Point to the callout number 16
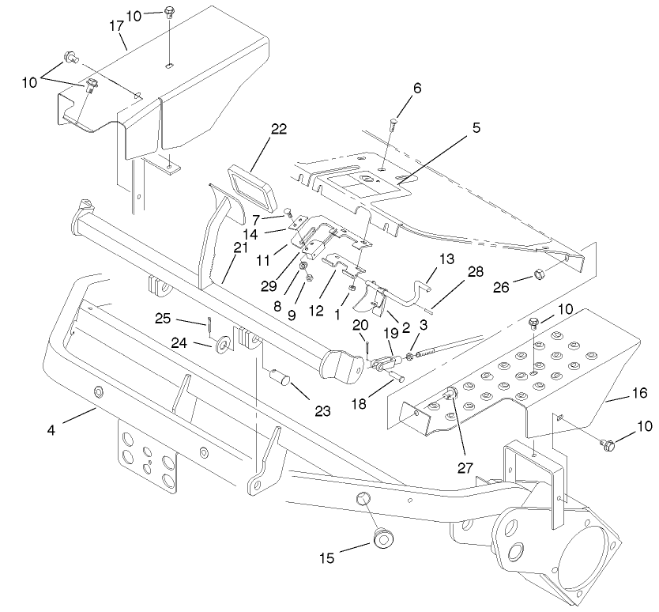[x=638, y=392]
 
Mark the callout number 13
[x=446, y=259]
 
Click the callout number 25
[x=185, y=319]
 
